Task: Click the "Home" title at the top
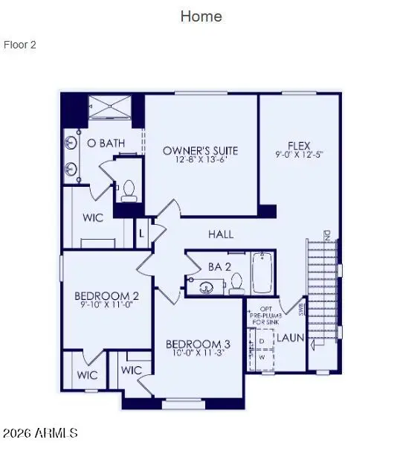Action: point(201,16)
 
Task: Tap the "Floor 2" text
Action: point(20,45)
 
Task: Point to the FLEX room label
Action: point(299,146)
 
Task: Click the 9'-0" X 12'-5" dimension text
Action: point(299,156)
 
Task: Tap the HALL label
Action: point(221,234)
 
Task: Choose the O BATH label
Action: point(106,143)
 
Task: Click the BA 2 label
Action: point(219,266)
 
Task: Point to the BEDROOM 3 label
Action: point(197,344)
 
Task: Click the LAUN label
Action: point(291,338)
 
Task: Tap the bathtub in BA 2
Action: point(262,274)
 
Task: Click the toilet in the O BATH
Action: point(129,191)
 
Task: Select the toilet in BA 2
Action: point(237,283)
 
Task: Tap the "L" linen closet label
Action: point(141,234)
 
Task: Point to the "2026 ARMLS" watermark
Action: point(40,433)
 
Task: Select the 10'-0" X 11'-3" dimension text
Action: point(197,354)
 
